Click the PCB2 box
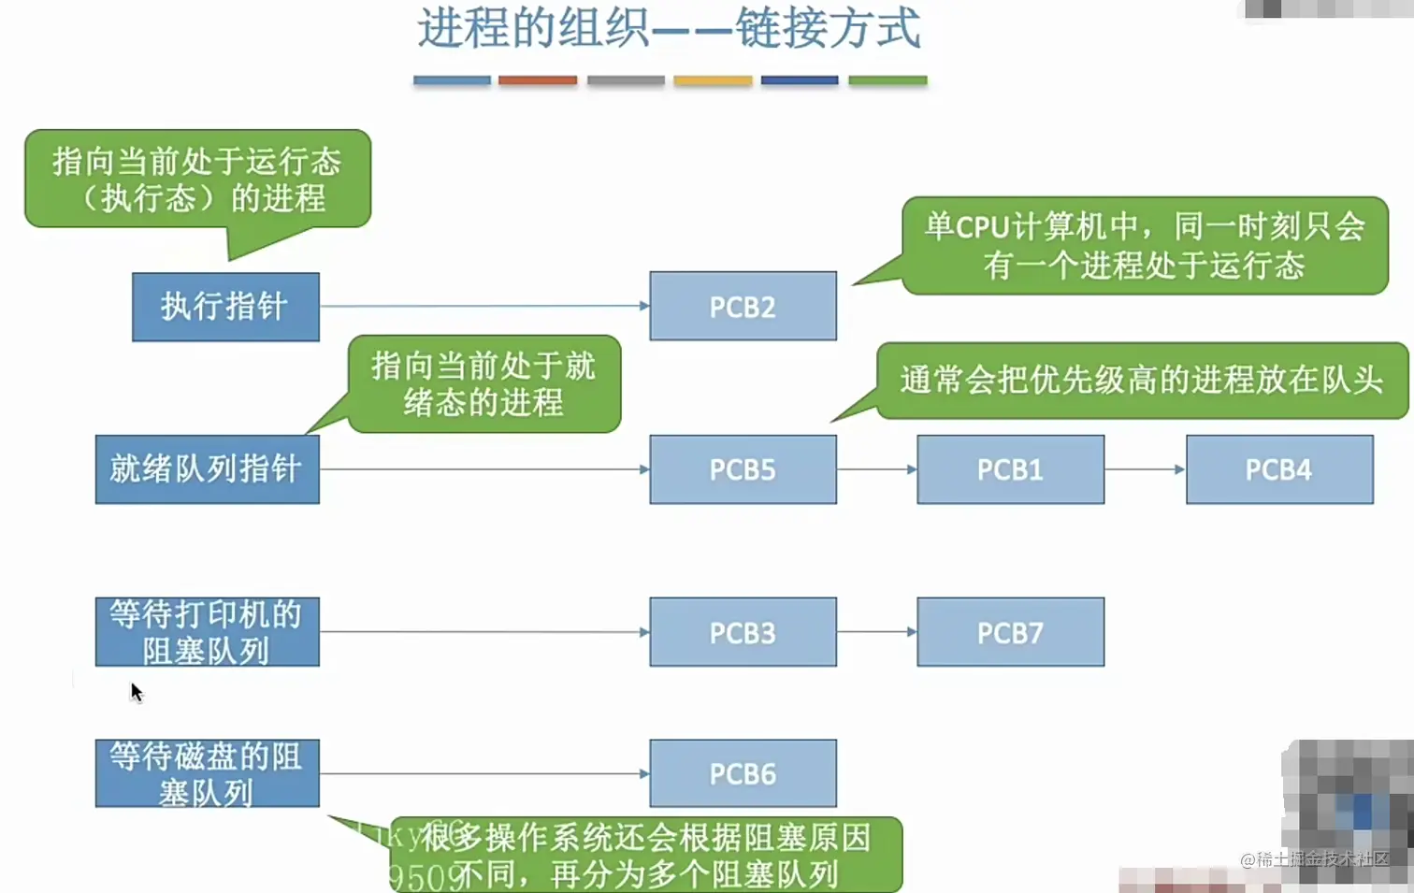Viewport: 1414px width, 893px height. coord(743,306)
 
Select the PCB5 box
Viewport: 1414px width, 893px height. coord(743,469)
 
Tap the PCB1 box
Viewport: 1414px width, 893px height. coord(1010,469)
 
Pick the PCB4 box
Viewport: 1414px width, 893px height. coord(1278,469)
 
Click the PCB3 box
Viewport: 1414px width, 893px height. coord(743,632)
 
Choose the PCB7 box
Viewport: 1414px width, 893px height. coord(1010,632)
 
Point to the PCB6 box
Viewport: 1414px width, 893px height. coord(743,773)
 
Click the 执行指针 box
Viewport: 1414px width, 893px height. coord(225,307)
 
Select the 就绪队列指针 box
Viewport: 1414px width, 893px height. coord(207,469)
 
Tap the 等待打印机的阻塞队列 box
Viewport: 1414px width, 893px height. coord(207,632)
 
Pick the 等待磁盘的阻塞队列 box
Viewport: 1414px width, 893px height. coord(207,773)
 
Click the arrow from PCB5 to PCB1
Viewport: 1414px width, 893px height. coord(876,469)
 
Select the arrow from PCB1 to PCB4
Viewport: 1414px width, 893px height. coord(1145,469)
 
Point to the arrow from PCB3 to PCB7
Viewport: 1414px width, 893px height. coord(876,632)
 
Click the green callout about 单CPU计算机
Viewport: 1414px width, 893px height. coord(1145,246)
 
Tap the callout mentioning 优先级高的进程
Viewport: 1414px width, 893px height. coord(1141,381)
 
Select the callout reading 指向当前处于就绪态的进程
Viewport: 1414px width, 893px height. coord(483,384)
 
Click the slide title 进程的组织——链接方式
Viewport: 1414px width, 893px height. coord(669,28)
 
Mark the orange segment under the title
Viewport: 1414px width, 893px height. coord(538,80)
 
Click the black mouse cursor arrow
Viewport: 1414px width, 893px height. coord(136,692)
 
